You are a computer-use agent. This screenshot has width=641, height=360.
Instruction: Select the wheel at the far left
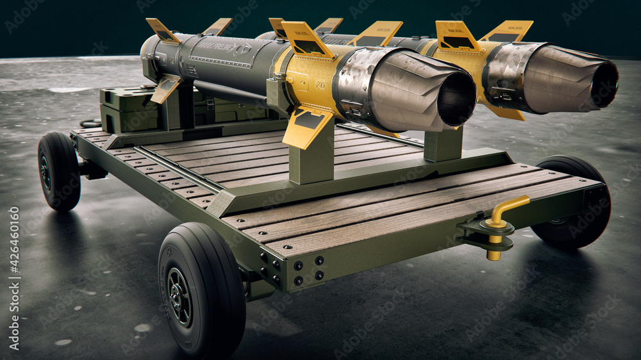click(58, 172)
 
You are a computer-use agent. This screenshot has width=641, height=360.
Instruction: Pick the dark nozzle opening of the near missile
click(456, 99)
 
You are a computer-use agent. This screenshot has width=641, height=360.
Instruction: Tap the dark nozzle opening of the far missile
click(604, 85)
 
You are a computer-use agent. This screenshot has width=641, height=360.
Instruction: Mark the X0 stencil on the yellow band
click(319, 83)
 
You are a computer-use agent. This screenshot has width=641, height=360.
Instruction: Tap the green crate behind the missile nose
click(125, 108)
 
